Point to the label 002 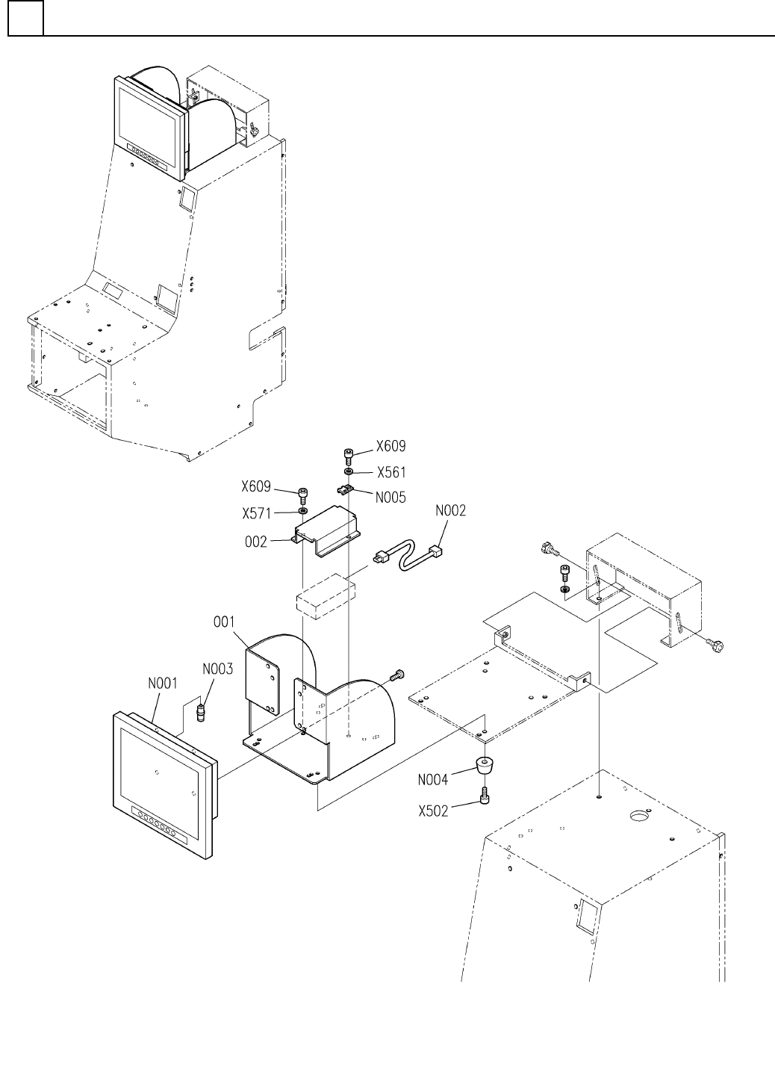tap(256, 542)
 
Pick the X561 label tap(390, 472)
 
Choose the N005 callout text tap(390, 497)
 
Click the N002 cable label tap(450, 511)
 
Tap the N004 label tap(433, 780)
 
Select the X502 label tap(433, 810)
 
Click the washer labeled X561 tap(349, 472)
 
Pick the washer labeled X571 tap(302, 512)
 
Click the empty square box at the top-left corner tap(25, 19)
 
